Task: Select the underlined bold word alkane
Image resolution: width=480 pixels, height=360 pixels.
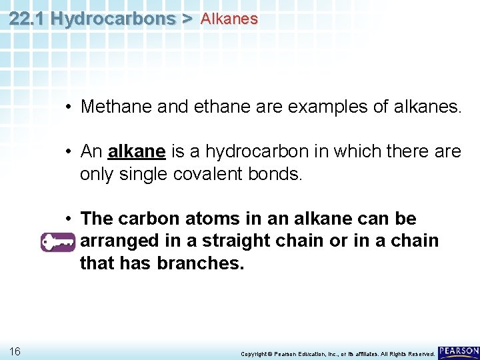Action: [136, 152]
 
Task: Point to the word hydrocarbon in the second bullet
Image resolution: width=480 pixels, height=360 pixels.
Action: [241, 152]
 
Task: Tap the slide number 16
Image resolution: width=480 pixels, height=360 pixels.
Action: [15, 351]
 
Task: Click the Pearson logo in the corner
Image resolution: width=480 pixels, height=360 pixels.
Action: [459, 351]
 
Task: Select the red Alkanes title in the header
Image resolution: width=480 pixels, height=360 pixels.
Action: [229, 19]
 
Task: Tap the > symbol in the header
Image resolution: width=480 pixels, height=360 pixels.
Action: [187, 19]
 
